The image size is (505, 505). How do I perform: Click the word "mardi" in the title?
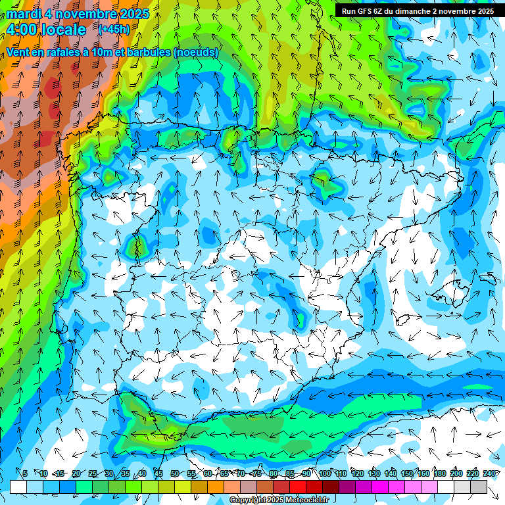[24, 13]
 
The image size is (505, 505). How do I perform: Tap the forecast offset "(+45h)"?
[114, 29]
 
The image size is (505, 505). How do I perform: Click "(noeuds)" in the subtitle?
[196, 52]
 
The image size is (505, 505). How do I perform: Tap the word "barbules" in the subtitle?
[145, 52]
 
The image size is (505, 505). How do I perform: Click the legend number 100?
[324, 473]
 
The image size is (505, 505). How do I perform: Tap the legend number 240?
[489, 473]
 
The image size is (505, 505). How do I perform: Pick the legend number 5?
[25, 473]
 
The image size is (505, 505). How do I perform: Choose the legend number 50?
[174, 473]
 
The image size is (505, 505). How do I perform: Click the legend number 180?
[439, 473]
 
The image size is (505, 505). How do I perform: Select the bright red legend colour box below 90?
[298, 487]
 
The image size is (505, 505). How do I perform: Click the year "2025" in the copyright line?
[275, 500]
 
